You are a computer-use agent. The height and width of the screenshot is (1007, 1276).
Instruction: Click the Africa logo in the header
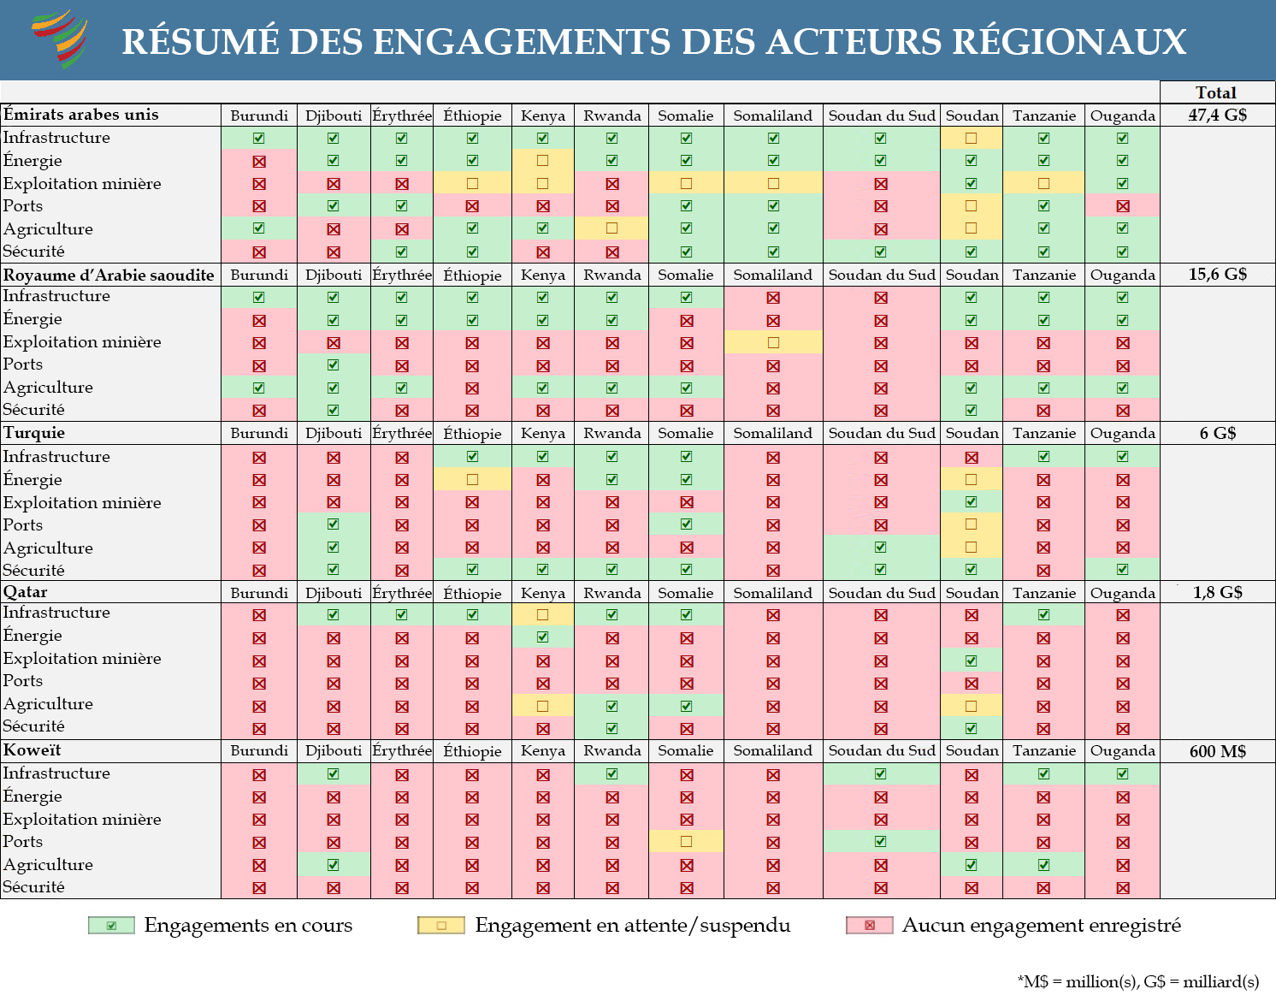pos(60,39)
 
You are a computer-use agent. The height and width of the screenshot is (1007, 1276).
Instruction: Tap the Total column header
pos(1216,92)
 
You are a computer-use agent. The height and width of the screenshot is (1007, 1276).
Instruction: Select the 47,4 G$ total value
pos(1217,116)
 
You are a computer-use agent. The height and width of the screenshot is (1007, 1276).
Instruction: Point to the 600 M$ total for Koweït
pos(1217,751)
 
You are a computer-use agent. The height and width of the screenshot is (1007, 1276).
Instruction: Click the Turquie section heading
pos(34,433)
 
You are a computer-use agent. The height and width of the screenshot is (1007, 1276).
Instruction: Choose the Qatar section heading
pos(25,592)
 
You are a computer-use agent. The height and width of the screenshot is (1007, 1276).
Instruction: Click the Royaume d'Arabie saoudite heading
pos(109,275)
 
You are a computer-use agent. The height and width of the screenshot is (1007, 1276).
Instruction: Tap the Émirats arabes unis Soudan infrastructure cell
pos(971,139)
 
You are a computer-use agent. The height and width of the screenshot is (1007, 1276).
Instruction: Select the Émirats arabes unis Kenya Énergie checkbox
pos(542,160)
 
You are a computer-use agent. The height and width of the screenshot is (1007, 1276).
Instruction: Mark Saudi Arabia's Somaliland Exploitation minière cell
pos(772,342)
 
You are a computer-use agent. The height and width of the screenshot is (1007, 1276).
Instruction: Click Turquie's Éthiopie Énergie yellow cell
pos(472,479)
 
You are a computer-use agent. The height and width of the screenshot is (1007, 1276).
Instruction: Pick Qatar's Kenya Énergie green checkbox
pos(542,637)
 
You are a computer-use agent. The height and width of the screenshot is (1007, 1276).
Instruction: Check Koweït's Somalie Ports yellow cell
pos(686,841)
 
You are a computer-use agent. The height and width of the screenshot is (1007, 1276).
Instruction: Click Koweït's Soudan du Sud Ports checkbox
pos(881,841)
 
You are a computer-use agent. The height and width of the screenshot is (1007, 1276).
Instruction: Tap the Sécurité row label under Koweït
pos(34,886)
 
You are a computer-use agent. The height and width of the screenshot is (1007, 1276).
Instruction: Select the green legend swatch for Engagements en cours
pos(111,925)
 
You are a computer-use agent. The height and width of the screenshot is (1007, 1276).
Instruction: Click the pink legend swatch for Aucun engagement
pos(869,925)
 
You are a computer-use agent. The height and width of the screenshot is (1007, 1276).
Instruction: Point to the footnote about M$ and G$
pos(1137,981)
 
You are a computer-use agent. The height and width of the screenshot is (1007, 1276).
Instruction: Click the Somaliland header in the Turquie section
pos(772,433)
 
